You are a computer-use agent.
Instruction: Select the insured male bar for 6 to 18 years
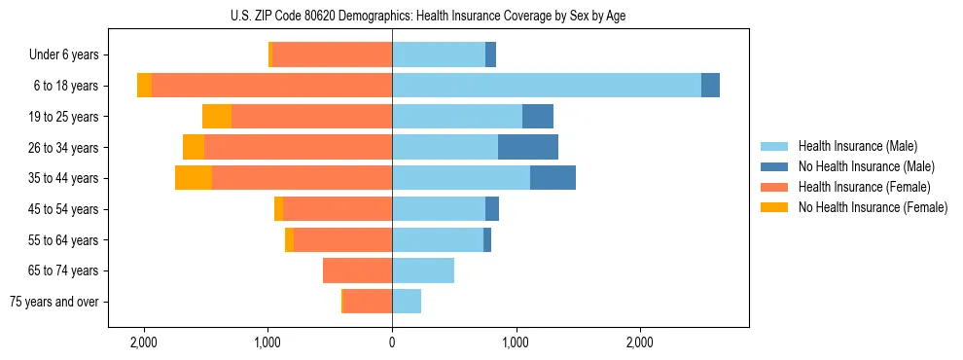click(546, 86)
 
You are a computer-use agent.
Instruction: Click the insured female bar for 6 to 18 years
click(271, 86)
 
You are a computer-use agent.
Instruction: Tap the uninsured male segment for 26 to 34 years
click(528, 147)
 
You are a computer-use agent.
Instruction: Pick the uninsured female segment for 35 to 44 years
click(194, 178)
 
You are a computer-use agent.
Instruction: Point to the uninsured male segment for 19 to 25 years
click(538, 117)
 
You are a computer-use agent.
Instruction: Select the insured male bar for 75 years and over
click(407, 302)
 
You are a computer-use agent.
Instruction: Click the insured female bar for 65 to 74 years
click(357, 270)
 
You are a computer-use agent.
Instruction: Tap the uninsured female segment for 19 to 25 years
click(217, 117)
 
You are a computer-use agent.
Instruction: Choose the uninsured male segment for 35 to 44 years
click(553, 178)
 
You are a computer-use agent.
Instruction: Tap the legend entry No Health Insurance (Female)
click(873, 207)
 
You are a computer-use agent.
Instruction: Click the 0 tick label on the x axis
click(392, 342)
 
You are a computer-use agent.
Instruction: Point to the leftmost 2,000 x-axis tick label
click(144, 342)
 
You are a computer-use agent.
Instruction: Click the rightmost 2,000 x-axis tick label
click(640, 342)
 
